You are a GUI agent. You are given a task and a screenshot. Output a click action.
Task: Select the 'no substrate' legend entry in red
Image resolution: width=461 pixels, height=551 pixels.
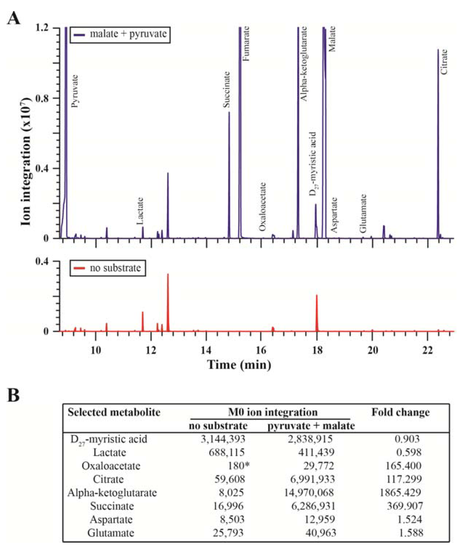pyautogui.click(x=107, y=268)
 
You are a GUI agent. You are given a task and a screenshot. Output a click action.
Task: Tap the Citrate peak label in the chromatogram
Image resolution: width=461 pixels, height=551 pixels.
pyautogui.click(x=444, y=62)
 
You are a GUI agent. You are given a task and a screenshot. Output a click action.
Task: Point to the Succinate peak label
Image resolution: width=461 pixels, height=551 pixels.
pyautogui.click(x=227, y=90)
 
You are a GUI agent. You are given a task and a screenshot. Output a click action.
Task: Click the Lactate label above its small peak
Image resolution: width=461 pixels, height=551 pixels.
pyautogui.click(x=141, y=211)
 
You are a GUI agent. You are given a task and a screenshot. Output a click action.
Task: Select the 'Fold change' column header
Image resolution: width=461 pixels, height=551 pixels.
pyautogui.click(x=400, y=412)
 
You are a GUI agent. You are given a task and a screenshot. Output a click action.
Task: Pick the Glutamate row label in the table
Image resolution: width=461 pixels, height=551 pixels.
pyautogui.click(x=111, y=533)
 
